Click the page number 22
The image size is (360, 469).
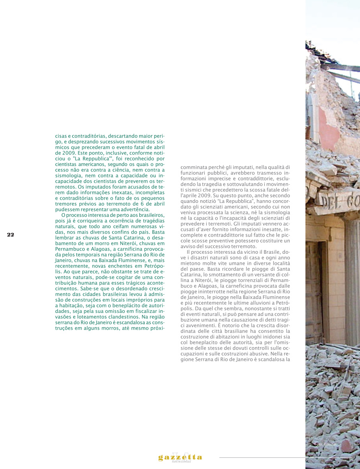point(10,235)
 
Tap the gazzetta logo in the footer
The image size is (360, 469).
point(180,457)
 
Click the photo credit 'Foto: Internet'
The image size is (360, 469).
point(325,444)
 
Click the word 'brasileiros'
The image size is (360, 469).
point(151,215)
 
